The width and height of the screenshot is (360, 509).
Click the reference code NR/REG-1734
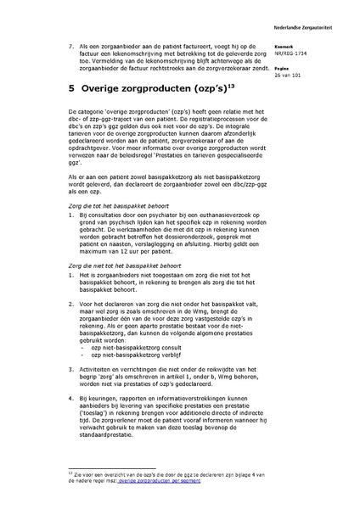(293, 53)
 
